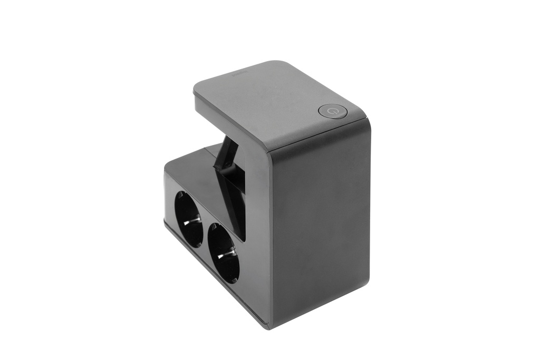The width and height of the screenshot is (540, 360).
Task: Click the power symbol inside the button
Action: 332,111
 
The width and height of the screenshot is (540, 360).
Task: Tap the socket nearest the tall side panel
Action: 224,252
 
